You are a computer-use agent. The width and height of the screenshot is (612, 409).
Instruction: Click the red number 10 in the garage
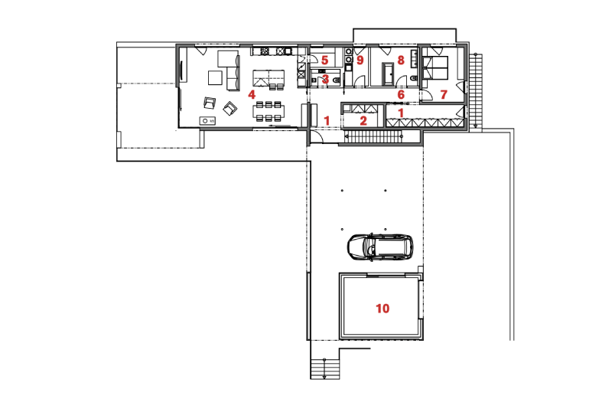(382, 309)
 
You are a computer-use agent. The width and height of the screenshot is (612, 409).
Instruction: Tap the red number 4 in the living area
(252, 94)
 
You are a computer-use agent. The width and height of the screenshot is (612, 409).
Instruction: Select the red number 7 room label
(444, 94)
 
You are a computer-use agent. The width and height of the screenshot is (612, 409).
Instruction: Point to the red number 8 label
(400, 61)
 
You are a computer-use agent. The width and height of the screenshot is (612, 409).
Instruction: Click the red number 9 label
(360, 61)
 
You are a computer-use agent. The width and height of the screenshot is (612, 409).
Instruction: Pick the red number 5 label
(324, 61)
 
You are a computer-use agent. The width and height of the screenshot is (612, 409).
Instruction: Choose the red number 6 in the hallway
(401, 94)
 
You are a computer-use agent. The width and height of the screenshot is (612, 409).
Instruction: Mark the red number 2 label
(363, 121)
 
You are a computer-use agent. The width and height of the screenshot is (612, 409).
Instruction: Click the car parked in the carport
(379, 247)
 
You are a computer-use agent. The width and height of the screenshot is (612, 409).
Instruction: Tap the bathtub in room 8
(389, 73)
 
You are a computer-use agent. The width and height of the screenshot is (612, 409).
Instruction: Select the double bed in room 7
(435, 68)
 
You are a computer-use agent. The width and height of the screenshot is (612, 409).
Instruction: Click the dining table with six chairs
(269, 111)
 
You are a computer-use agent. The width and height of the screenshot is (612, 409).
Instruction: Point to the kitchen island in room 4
(269, 80)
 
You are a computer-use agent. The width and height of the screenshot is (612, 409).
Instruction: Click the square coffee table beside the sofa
(215, 77)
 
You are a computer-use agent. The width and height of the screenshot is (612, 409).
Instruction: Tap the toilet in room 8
(413, 79)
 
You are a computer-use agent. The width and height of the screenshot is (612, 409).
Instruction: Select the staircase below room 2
(375, 136)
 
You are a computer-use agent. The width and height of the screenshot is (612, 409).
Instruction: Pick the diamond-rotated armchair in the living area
(229, 108)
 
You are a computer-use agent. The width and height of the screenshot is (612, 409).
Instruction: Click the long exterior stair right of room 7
(475, 91)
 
